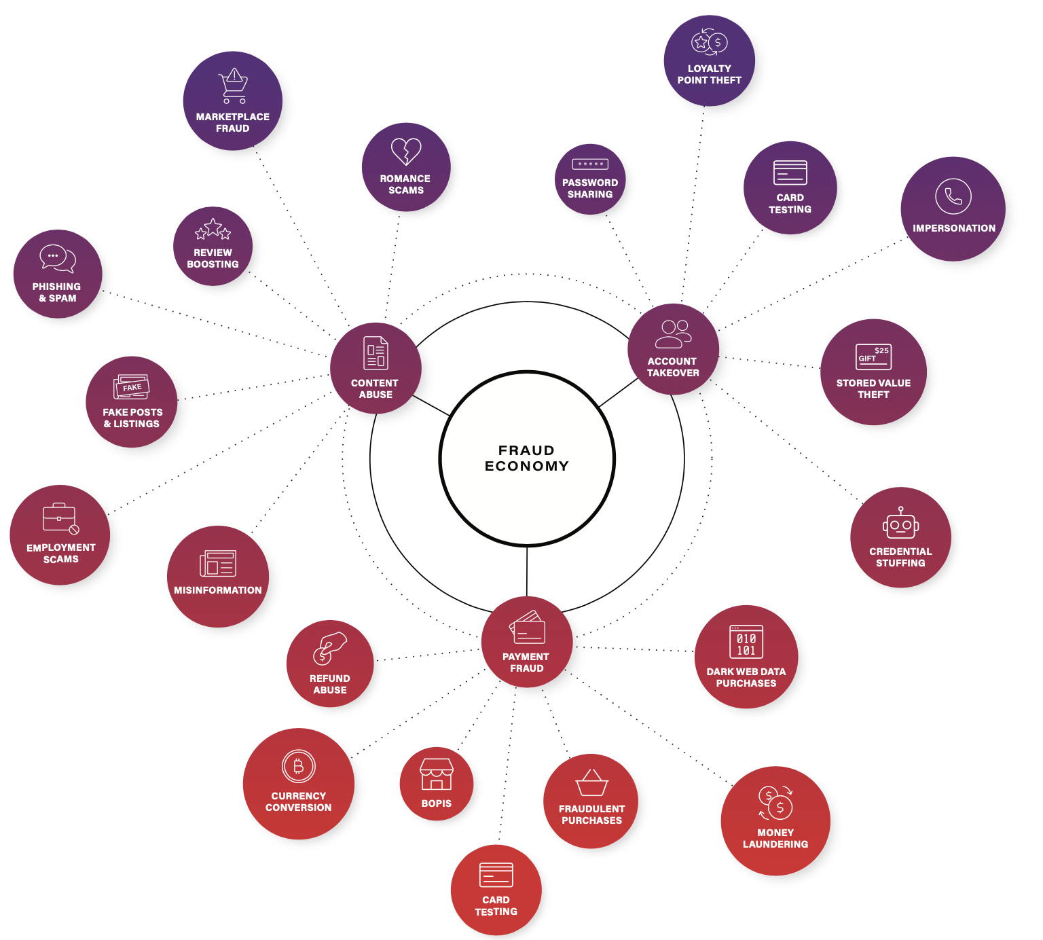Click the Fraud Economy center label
526,458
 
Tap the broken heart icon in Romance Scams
406,151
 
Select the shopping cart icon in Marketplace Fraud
234,86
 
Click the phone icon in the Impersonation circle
953,196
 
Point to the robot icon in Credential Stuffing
900,524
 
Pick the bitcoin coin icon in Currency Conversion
298,767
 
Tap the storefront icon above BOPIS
436,774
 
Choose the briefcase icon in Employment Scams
60,519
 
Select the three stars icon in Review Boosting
213,230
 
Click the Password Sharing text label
590,188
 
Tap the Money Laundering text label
775,838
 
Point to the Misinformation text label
217,590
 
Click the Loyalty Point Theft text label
709,74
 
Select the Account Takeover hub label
672,367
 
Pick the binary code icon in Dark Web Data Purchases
746,642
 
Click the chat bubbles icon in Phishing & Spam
57,259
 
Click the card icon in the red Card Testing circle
496,875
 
